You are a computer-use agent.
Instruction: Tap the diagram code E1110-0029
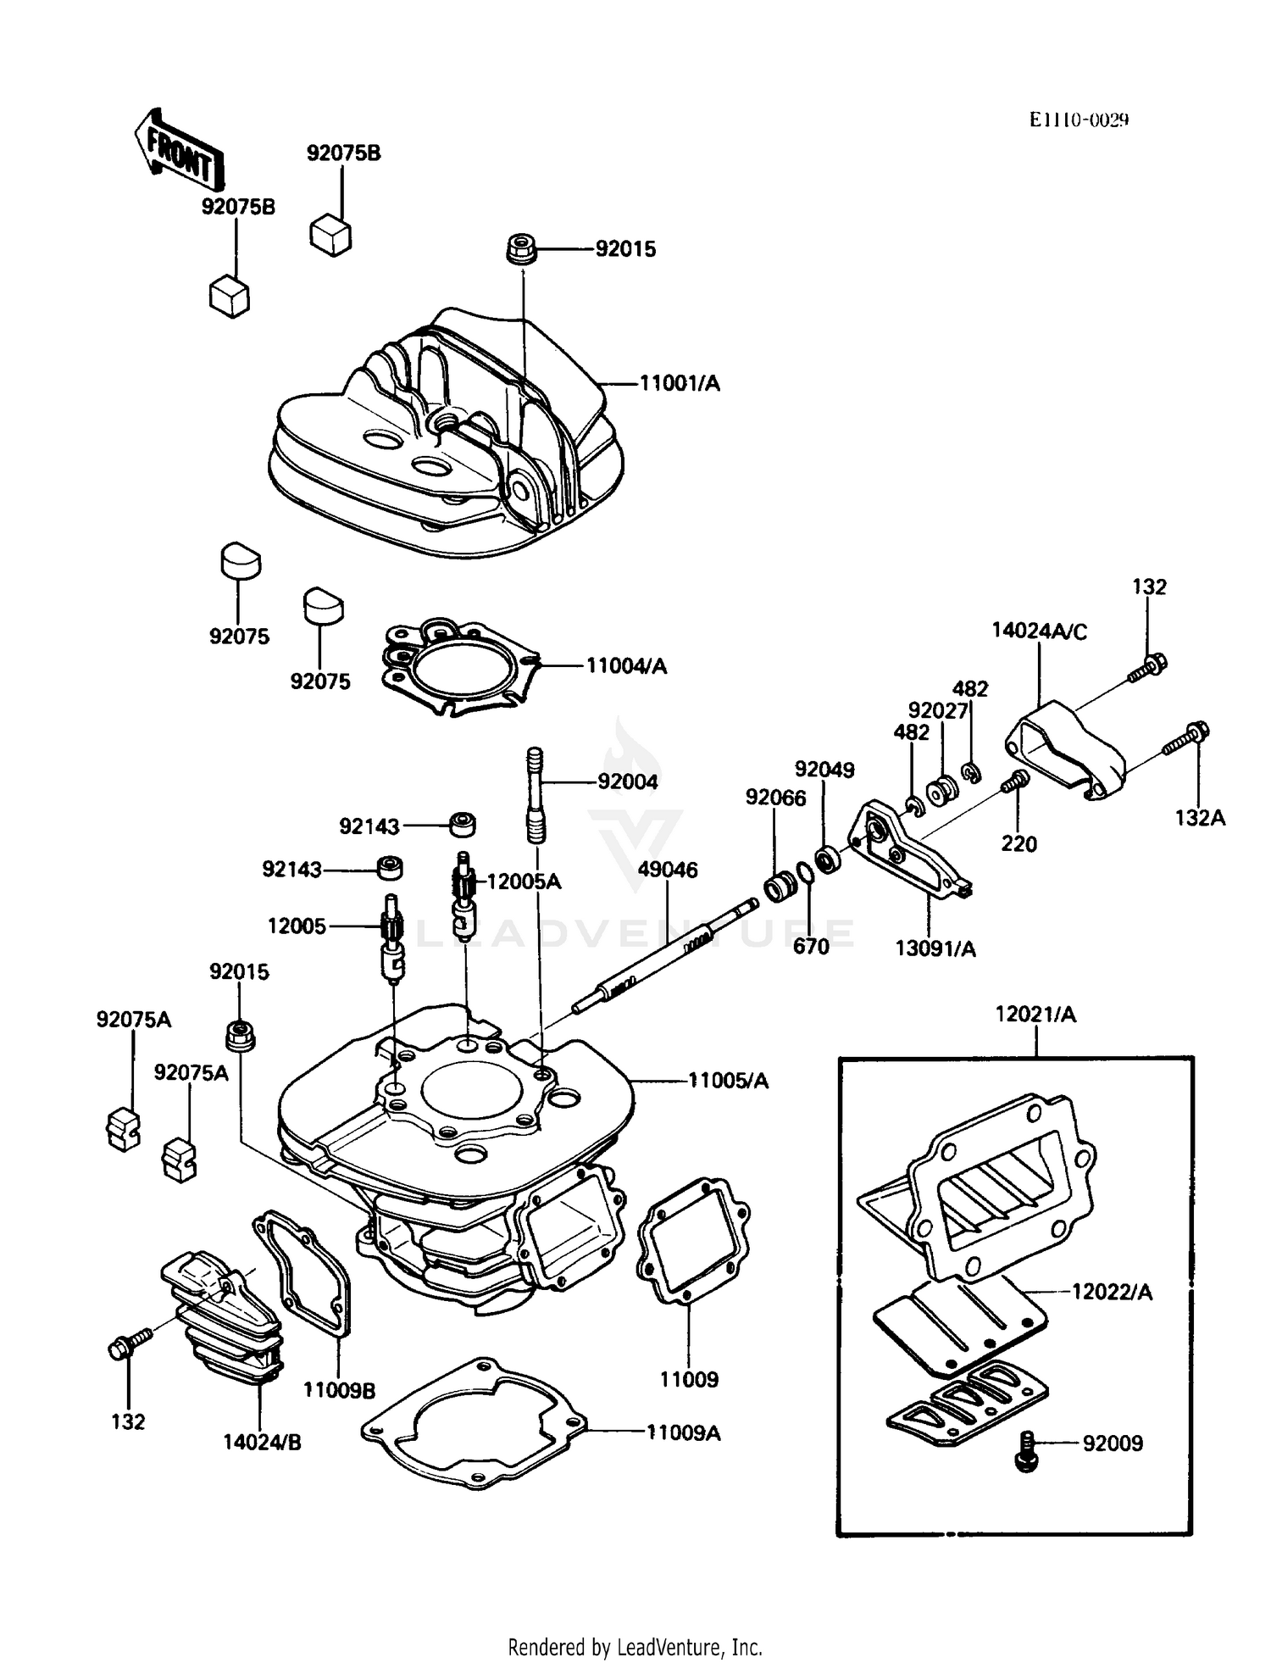tap(1079, 120)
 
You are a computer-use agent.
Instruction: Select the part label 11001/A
tap(679, 384)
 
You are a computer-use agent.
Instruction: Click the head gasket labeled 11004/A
tap(458, 668)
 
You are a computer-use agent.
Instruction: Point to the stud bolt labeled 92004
tap(536, 794)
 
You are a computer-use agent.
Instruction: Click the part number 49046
tap(668, 870)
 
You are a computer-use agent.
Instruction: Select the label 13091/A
tap(935, 949)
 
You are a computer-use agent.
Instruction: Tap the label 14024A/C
tap(1040, 631)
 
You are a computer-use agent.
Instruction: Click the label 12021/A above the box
tap(1035, 1015)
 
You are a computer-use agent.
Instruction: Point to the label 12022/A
tap(1112, 1293)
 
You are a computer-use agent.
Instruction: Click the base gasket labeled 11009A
tap(475, 1430)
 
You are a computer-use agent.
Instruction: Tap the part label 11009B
tap(339, 1391)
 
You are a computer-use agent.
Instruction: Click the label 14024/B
tap(262, 1442)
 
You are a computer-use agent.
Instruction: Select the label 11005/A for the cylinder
tap(728, 1081)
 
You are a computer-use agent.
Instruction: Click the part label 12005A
tap(524, 882)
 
